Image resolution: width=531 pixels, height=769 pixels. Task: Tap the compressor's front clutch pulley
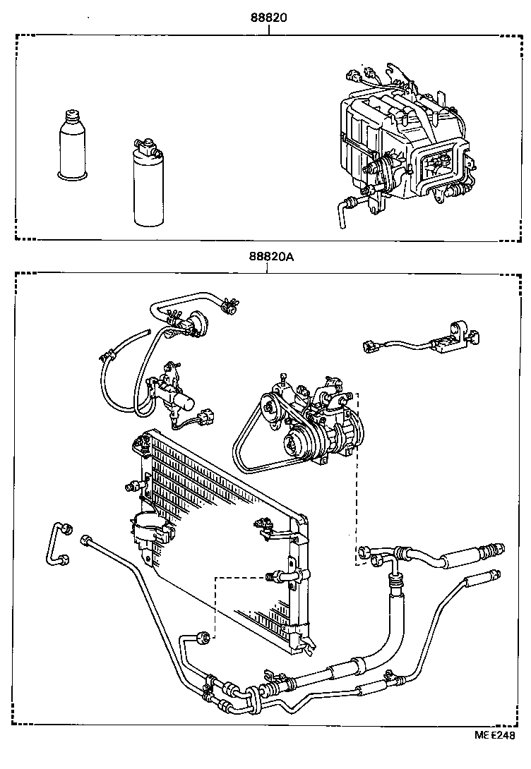294,446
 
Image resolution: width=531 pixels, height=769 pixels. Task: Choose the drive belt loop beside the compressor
247,444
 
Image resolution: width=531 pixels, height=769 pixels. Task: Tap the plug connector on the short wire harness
369,346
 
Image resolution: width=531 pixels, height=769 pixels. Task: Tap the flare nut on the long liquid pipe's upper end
88,540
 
